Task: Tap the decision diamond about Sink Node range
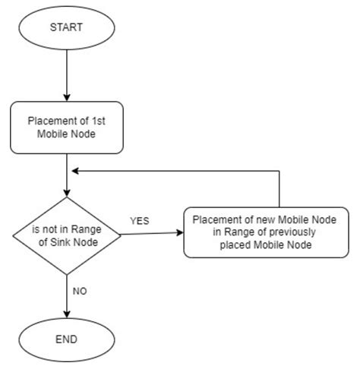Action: point(68,235)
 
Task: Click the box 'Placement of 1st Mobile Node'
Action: point(68,126)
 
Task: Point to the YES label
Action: point(139,221)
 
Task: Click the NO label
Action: point(79,290)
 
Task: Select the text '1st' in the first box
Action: point(99,120)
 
